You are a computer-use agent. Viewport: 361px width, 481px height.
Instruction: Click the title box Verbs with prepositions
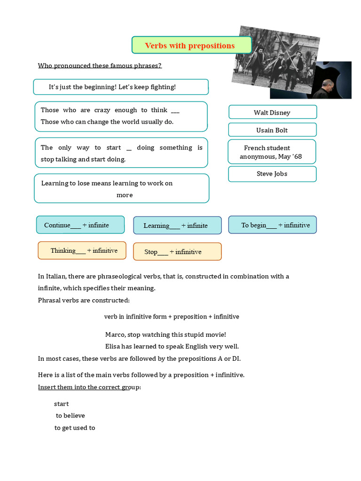pyautogui.click(x=191, y=46)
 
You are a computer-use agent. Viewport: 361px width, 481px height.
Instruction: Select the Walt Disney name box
pyautogui.click(x=272, y=112)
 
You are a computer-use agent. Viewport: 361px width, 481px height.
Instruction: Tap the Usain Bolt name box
pyautogui.click(x=272, y=130)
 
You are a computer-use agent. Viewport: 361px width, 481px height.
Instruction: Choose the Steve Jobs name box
pyautogui.click(x=272, y=174)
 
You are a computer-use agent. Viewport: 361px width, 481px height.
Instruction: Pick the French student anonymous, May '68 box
pyautogui.click(x=272, y=152)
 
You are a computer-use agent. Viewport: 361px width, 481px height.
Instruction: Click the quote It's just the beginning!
pyautogui.click(x=121, y=87)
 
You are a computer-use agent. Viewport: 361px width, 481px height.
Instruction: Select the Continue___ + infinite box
pyautogui.click(x=80, y=225)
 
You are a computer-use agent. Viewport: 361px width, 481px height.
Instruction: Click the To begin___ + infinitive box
pyautogui.click(x=273, y=225)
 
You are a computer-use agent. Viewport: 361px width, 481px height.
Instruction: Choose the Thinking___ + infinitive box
pyautogui.click(x=82, y=250)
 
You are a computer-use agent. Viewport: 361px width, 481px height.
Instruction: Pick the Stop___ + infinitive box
pyautogui.click(x=177, y=252)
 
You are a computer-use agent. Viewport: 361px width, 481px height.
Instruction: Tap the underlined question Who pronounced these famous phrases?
pyautogui.click(x=100, y=65)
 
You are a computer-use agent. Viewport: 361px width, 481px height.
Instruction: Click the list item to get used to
pyautogui.click(x=75, y=428)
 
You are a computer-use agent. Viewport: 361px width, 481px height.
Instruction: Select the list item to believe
pyautogui.click(x=70, y=416)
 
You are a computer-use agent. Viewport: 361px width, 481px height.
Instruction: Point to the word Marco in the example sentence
pyautogui.click(x=115, y=334)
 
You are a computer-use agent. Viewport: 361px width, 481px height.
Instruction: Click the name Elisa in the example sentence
pyautogui.click(x=113, y=347)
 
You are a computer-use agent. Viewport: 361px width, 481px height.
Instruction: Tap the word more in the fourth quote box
pyautogui.click(x=125, y=195)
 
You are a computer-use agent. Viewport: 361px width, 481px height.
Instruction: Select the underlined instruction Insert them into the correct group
pyautogui.click(x=89, y=387)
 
